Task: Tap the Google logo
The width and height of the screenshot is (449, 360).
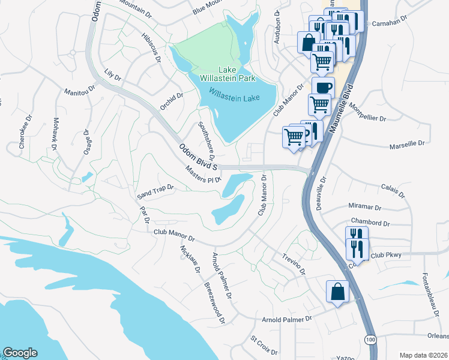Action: coord(20,353)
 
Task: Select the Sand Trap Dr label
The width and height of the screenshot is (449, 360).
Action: coord(155,191)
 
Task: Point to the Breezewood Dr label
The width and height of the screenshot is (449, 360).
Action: coord(214,303)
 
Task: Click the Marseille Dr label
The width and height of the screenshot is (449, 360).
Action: coord(406,143)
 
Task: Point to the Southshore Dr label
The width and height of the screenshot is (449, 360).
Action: coord(206,137)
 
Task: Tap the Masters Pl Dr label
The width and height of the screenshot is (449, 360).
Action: coord(203,175)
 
